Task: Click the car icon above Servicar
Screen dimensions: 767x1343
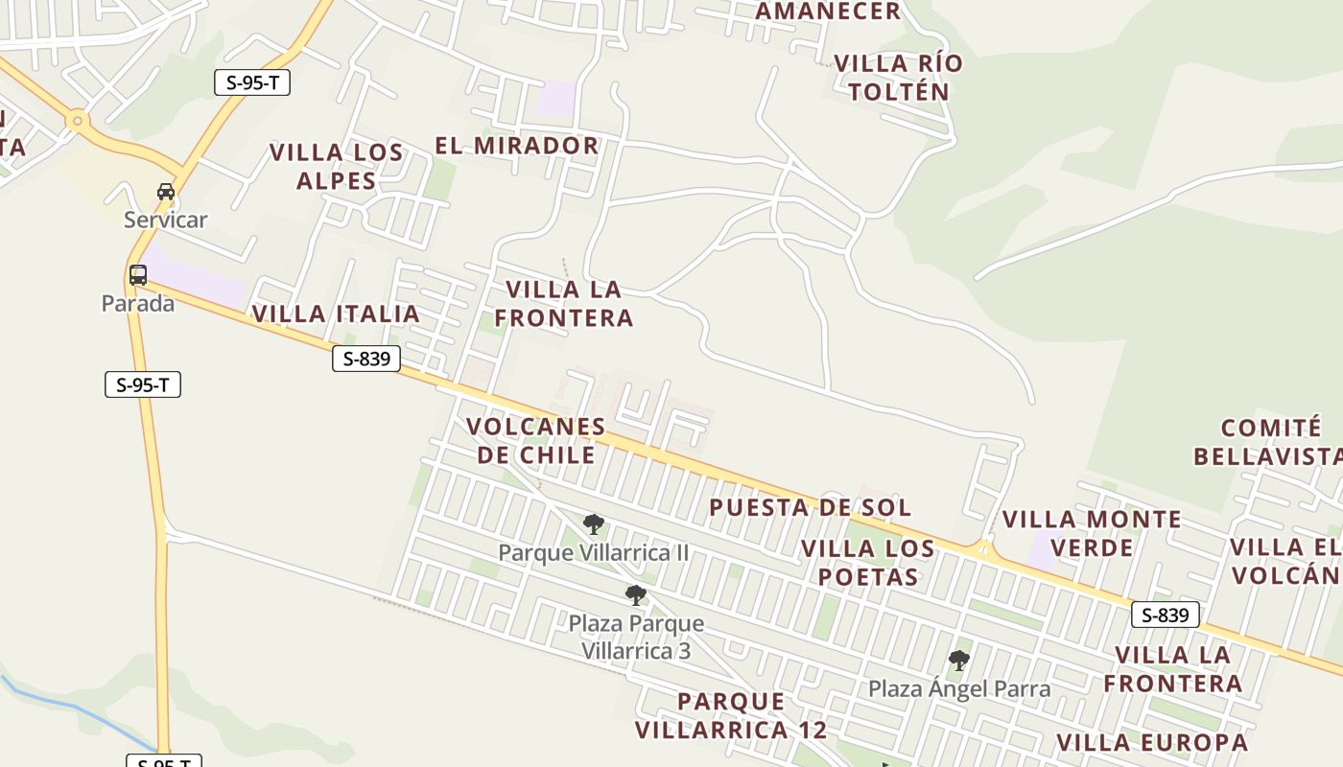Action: coord(166,192)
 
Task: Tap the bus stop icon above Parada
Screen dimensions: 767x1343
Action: coord(138,275)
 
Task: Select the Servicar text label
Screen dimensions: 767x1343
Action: coord(165,220)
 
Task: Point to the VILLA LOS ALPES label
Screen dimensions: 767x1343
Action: coord(336,167)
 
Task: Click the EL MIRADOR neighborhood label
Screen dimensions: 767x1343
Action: coord(517,146)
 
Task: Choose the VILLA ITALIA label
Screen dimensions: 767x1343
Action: coord(336,314)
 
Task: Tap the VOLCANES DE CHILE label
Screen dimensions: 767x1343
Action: coord(535,440)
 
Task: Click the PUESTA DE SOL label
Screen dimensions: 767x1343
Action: coord(810,507)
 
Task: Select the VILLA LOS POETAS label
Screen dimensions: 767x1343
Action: coord(867,563)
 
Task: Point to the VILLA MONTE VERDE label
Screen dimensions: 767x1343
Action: coord(1092,534)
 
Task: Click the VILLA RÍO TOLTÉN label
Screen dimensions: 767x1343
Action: coord(898,78)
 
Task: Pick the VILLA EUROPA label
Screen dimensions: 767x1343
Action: coord(1152,743)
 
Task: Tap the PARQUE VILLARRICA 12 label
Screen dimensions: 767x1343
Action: coord(731,715)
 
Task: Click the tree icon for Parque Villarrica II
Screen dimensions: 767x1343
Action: coord(594,524)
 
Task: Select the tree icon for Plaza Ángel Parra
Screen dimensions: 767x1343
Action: coord(958,661)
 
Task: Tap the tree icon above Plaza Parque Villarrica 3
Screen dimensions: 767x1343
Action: coord(635,595)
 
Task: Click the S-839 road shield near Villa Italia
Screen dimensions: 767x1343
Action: coord(366,360)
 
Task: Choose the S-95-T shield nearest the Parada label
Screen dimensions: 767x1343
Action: coord(143,385)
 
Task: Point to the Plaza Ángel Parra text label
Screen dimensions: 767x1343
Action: coord(959,689)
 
